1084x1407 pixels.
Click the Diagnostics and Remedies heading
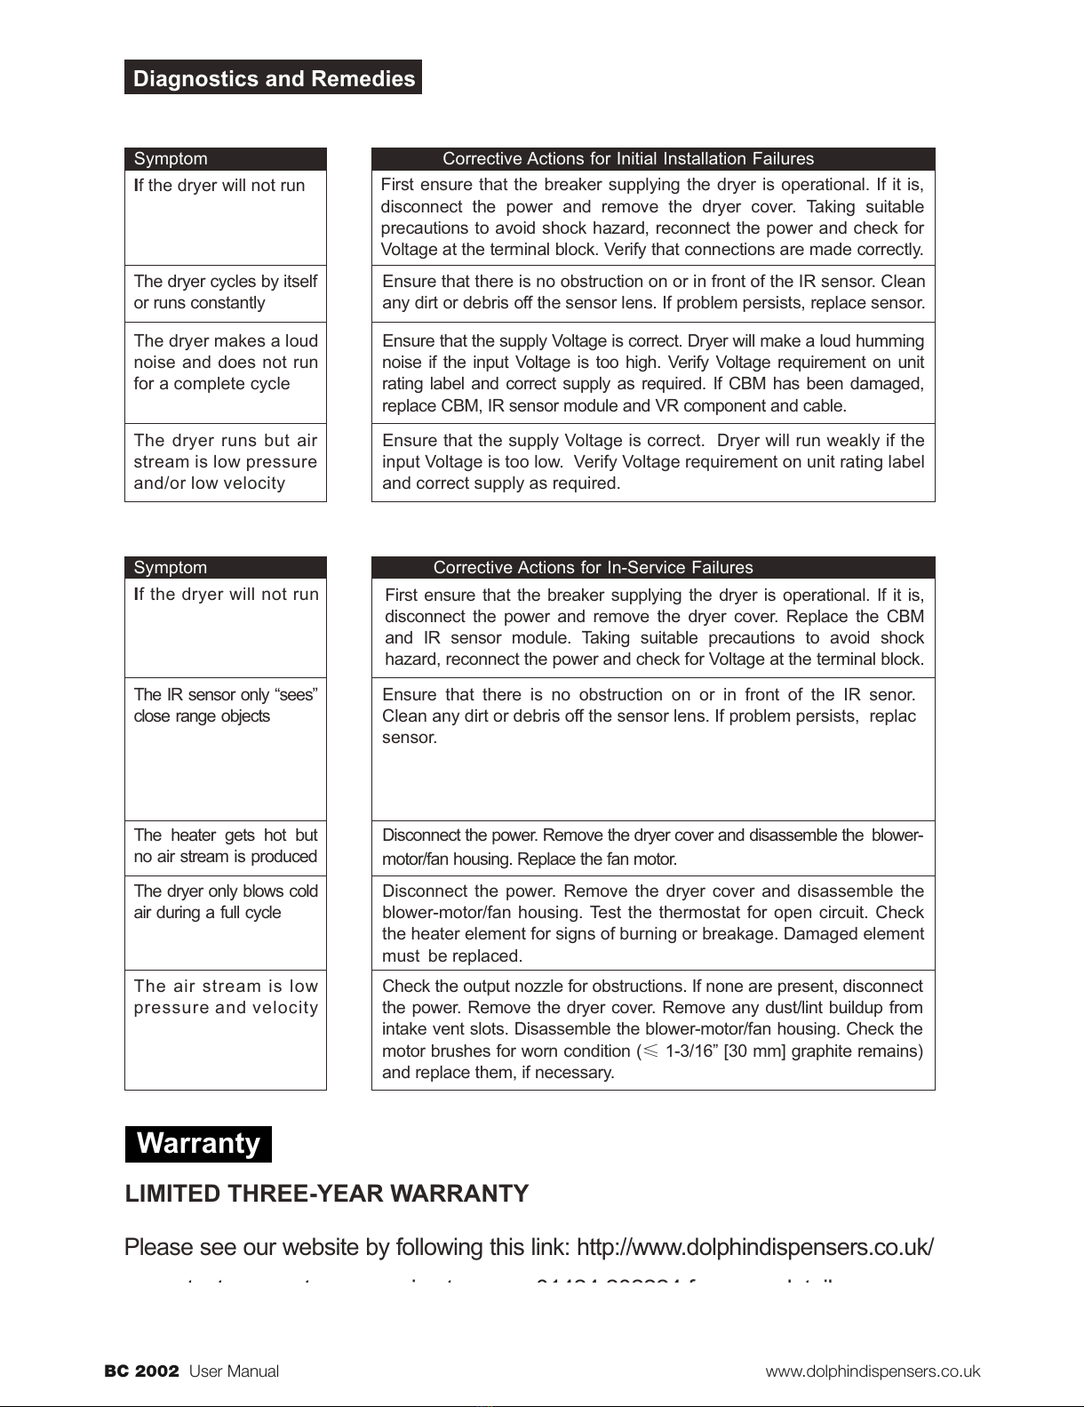273,78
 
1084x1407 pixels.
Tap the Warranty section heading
198,1143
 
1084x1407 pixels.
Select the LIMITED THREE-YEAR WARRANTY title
326,1194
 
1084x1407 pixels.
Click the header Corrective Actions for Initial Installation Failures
627,159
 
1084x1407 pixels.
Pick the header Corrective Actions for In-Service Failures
593,568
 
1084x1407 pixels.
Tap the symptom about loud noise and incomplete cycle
225,363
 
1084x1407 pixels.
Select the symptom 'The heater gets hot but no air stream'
225,846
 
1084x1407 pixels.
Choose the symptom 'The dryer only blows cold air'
225,901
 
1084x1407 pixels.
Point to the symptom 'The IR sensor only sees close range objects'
225,706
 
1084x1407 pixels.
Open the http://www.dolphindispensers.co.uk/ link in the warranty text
754,1247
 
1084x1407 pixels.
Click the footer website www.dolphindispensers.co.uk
873,1371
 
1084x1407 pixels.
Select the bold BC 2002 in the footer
142,1371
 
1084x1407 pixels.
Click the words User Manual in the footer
235,1371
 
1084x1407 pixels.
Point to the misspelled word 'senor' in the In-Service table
890,695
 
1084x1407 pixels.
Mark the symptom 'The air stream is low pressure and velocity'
225,997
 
